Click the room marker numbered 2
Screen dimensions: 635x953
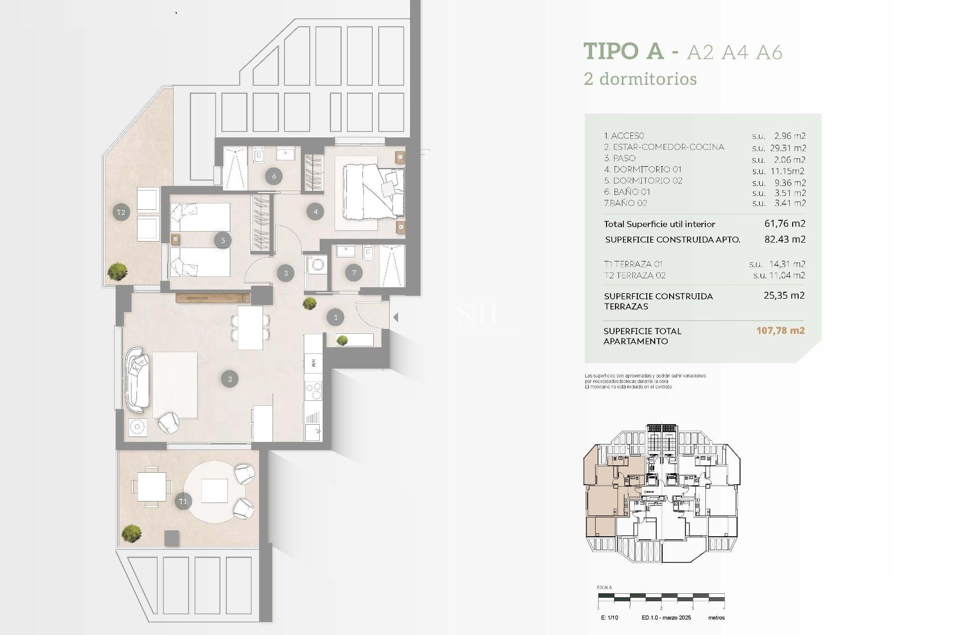pyautogui.click(x=230, y=379)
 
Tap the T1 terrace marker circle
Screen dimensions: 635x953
pyautogui.click(x=183, y=501)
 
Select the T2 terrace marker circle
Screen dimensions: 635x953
pyautogui.click(x=121, y=212)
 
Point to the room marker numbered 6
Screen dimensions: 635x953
pyautogui.click(x=273, y=176)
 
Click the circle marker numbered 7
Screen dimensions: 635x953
pyautogui.click(x=354, y=272)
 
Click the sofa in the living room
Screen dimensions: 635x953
pyautogui.click(x=137, y=380)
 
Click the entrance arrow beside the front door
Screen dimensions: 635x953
pyautogui.click(x=396, y=317)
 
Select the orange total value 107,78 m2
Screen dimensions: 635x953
pyautogui.click(x=780, y=331)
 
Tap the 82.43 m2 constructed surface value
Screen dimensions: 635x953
pyautogui.click(x=785, y=239)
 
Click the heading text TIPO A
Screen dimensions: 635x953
pyautogui.click(x=623, y=51)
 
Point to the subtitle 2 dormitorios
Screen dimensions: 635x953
pyautogui.click(x=640, y=79)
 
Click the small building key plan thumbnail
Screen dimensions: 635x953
pyautogui.click(x=661, y=494)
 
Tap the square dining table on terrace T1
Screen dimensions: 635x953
pyautogui.click(x=152, y=487)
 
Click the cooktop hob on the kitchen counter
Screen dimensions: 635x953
pyautogui.click(x=313, y=391)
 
